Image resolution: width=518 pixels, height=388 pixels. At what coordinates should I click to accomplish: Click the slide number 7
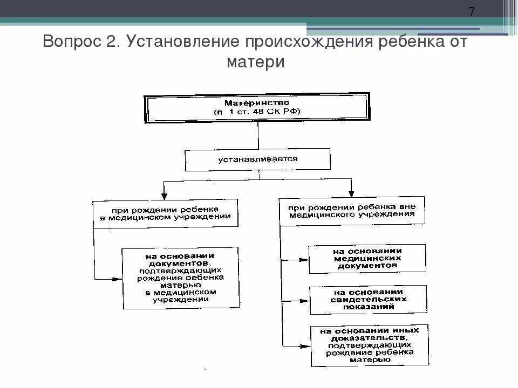click(x=471, y=12)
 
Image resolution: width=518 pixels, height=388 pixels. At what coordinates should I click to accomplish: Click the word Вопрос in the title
click(x=69, y=42)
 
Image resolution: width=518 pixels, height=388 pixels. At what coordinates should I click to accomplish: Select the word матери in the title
click(x=255, y=62)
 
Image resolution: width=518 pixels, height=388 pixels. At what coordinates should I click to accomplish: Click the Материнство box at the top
click(x=257, y=107)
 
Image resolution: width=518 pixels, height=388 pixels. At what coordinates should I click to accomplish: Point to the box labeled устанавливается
click(x=257, y=160)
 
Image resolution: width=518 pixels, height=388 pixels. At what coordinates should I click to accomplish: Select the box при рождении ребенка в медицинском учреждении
click(x=166, y=213)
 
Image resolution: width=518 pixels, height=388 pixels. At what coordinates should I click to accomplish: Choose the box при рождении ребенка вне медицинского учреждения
click(x=351, y=211)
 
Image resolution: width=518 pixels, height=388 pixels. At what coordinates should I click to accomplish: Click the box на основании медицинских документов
click(x=367, y=259)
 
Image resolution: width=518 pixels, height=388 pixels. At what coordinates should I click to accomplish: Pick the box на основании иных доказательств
click(x=370, y=345)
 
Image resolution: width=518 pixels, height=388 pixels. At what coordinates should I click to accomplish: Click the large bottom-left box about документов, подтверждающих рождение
click(x=180, y=278)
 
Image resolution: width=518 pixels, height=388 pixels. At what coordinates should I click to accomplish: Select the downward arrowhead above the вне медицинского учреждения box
click(x=351, y=193)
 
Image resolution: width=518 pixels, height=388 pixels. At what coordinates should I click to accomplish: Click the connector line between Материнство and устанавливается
click(x=258, y=136)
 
